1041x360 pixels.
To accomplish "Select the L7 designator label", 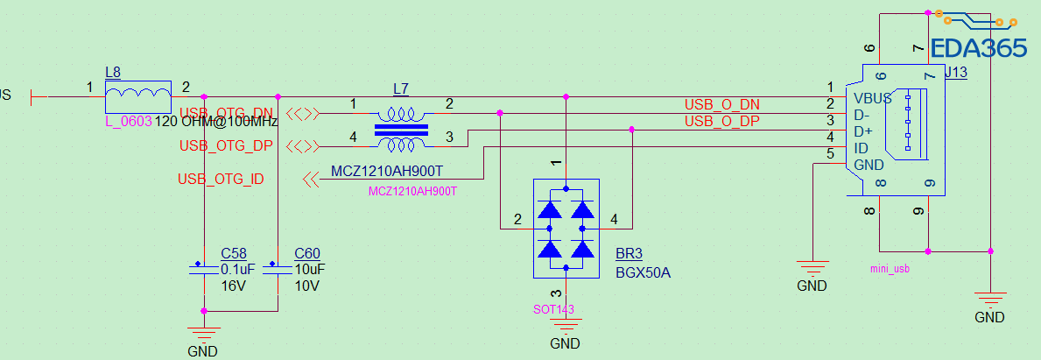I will point(401,88).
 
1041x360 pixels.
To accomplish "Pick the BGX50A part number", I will point(642,272).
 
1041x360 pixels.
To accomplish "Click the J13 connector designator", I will point(956,73).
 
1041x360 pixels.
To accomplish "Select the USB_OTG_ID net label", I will point(221,179).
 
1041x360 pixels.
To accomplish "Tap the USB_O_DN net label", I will point(721,105).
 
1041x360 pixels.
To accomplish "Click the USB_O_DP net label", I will point(721,121).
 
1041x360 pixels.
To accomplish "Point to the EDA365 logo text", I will point(978,48).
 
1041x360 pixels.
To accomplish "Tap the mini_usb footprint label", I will point(890,269).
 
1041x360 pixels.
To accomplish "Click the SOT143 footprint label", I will point(554,308).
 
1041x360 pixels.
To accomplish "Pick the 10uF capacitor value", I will point(310,270).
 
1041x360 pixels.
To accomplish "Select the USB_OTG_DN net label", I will point(227,112).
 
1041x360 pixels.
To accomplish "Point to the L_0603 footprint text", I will point(128,121).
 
